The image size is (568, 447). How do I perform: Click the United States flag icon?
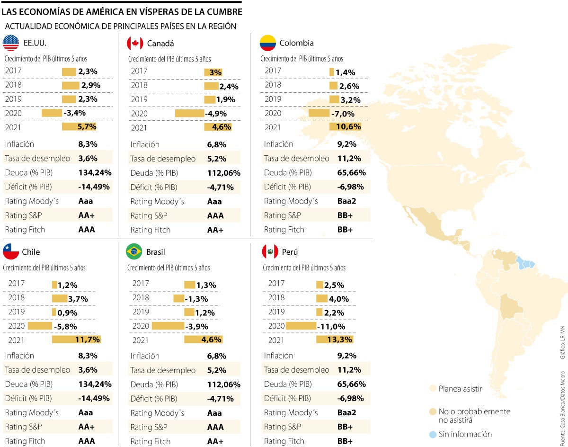(x=11, y=43)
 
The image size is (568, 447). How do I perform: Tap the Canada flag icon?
(x=135, y=44)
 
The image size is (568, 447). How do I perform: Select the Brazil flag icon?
(x=134, y=252)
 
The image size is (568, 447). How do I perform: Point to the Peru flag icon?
(x=270, y=252)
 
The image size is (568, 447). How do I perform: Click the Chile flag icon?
(x=11, y=252)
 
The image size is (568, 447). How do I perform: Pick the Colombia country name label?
(x=296, y=43)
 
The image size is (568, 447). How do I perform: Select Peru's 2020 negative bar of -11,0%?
(x=301, y=326)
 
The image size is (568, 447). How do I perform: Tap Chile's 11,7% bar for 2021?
(x=76, y=340)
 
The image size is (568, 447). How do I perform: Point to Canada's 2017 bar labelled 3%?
(x=213, y=72)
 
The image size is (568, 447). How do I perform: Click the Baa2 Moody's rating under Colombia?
(x=347, y=201)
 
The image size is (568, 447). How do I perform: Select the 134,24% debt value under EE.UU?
(x=95, y=172)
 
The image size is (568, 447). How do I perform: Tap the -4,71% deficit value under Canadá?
(x=221, y=187)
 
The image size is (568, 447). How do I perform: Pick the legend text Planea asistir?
(x=460, y=389)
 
